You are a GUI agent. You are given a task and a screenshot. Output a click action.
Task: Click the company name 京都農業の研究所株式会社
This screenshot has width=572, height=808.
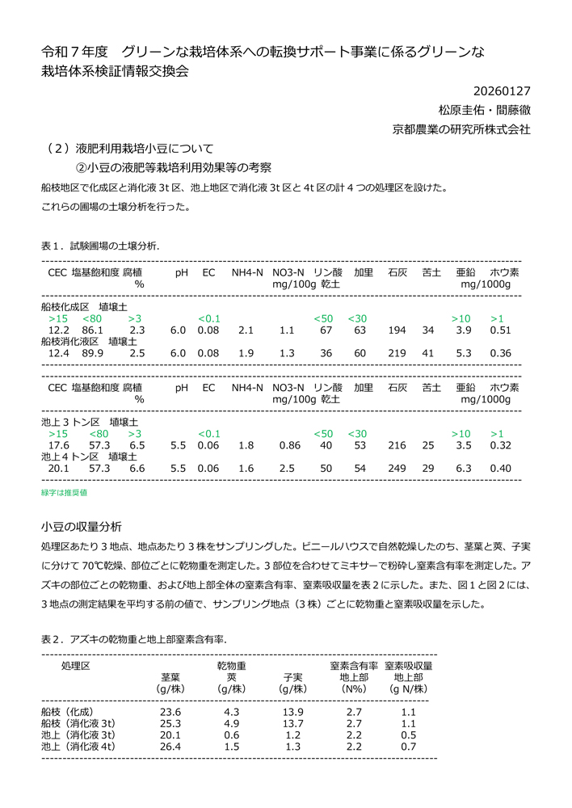click(x=461, y=128)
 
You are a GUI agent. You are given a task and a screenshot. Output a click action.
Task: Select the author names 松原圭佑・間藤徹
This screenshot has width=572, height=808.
click(x=484, y=110)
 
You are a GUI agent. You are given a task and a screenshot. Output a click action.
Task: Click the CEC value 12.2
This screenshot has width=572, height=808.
click(x=59, y=330)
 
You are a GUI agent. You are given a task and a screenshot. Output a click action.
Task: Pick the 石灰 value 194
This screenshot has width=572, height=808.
click(x=397, y=330)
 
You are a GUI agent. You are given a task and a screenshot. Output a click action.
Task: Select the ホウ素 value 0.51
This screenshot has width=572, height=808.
click(x=501, y=330)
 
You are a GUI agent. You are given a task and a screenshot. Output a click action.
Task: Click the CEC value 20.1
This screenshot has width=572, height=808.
click(x=59, y=468)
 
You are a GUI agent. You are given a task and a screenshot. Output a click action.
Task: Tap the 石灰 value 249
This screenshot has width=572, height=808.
click(x=397, y=468)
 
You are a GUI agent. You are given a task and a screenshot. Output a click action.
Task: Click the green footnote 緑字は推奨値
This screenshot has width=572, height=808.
click(x=64, y=491)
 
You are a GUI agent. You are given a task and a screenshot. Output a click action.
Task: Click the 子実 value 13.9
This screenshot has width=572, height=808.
click(x=292, y=712)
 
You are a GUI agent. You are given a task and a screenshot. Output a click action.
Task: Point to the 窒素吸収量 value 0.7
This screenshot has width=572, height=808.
click(x=409, y=747)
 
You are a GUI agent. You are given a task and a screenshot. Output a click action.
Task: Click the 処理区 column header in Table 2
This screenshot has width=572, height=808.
click(x=75, y=666)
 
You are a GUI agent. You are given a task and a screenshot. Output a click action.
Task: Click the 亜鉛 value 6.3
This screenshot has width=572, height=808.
click(x=463, y=468)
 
